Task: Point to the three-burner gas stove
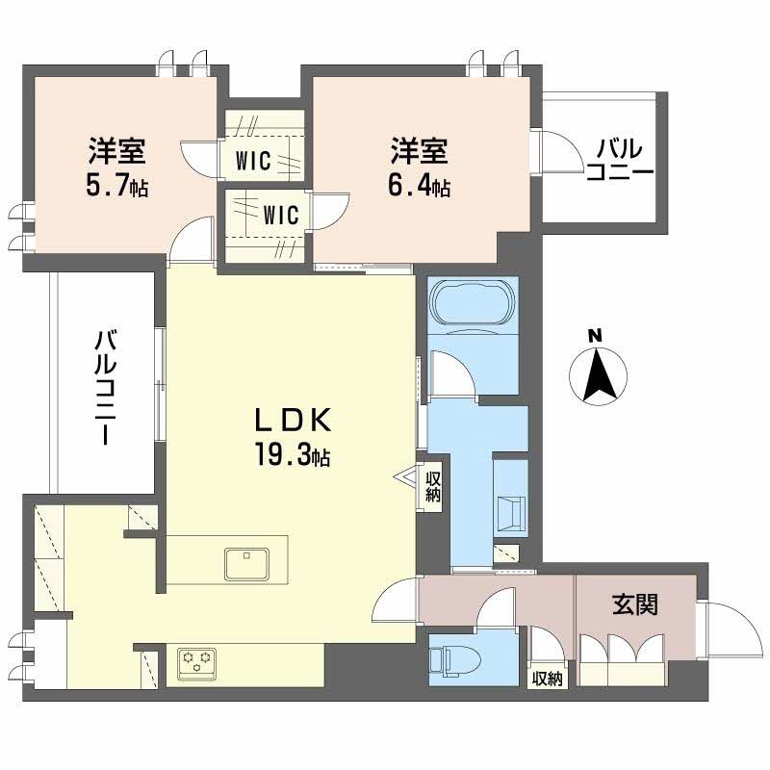coord(196,662)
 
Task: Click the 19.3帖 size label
coord(293,456)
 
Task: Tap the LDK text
coord(293,421)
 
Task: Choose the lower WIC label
coord(280,212)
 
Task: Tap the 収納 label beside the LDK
coord(433,486)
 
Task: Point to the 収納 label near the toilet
coord(548,679)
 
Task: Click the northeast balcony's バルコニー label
coord(620,161)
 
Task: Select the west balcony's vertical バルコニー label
coord(105,387)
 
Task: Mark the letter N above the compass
coord(596,335)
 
